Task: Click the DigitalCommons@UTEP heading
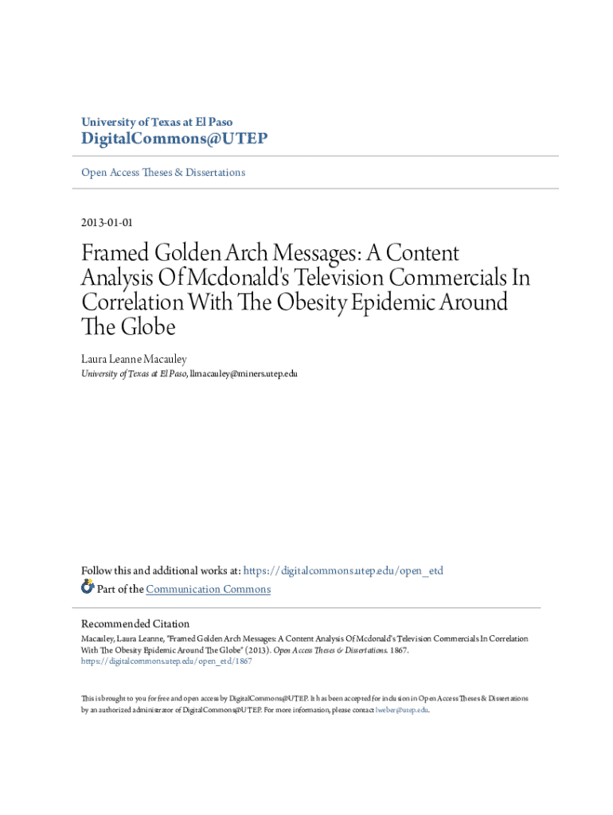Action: click(x=174, y=139)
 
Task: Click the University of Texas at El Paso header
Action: click(x=157, y=122)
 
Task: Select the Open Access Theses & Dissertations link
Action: click(x=163, y=173)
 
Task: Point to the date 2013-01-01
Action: click(x=111, y=223)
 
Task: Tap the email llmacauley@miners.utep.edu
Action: click(x=243, y=373)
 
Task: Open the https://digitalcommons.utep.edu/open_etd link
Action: click(x=343, y=571)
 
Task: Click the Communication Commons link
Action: click(x=209, y=590)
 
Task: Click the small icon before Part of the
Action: click(x=88, y=588)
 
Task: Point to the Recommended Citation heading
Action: click(x=135, y=624)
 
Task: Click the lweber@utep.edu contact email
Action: click(x=401, y=709)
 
